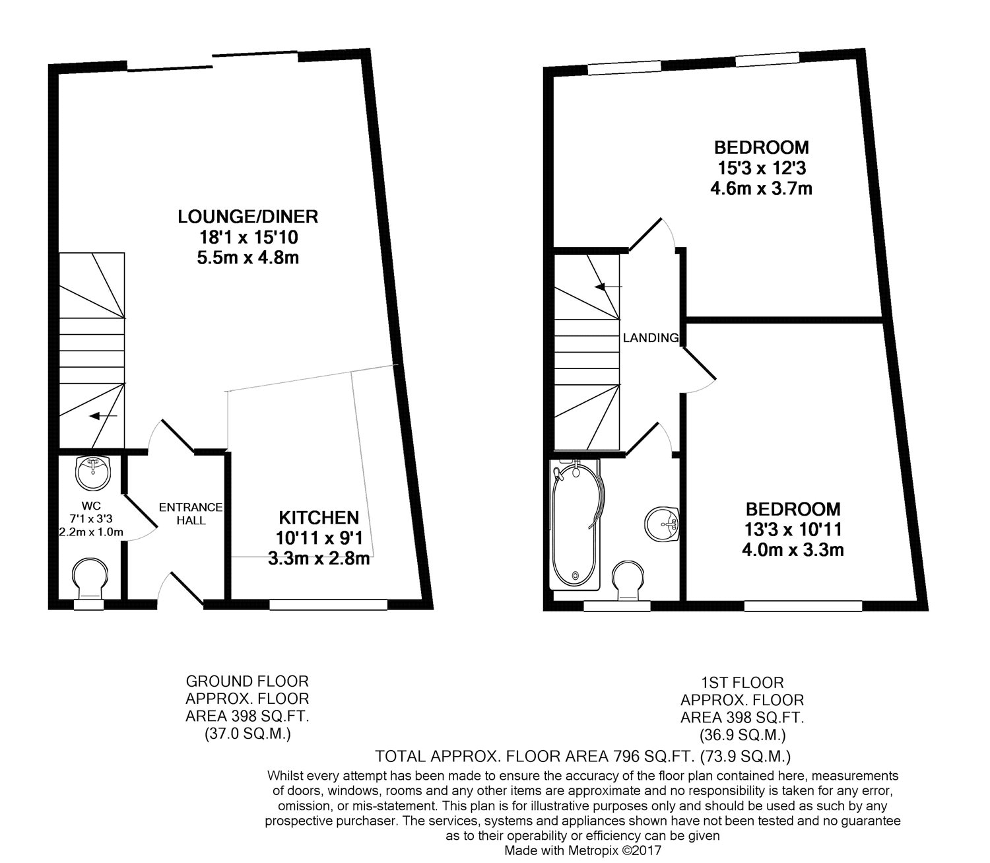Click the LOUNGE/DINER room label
[x=247, y=216]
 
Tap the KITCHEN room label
[x=318, y=518]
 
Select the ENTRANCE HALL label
[x=191, y=514]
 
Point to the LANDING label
[x=651, y=338]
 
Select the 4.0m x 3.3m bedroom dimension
[x=793, y=549]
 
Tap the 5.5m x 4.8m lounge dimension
[x=247, y=258]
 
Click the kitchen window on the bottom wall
[x=328, y=604]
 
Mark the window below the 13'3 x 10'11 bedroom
[x=803, y=605]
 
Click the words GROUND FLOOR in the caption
[x=247, y=681]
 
